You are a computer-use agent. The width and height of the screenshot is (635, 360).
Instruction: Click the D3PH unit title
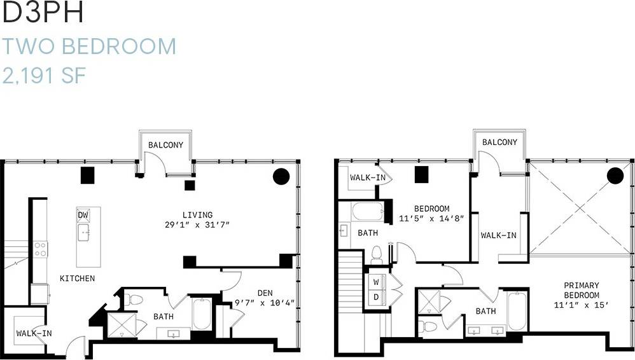point(43,14)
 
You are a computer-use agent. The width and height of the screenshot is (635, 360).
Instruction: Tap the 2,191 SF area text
point(44,76)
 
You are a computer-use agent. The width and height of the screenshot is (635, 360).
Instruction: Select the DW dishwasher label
point(83,215)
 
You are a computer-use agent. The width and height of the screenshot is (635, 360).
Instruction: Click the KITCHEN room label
point(78,279)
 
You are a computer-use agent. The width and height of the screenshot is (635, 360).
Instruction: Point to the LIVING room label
point(197,215)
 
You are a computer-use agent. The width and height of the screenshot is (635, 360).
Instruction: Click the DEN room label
point(265,293)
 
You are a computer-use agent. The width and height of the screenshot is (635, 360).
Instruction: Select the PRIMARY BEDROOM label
point(582,291)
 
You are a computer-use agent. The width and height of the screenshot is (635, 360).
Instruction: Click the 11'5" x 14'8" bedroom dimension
point(431,218)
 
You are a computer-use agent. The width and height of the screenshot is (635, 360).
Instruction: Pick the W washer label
point(376,280)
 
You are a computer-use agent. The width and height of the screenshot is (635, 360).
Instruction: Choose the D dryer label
point(376,297)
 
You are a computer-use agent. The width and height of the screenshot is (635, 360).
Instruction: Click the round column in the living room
point(281,176)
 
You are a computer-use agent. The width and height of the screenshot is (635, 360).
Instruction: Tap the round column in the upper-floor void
point(615,175)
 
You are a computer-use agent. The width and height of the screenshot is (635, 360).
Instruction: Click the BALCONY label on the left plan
point(165,145)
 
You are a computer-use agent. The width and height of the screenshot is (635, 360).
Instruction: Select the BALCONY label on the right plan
point(499,142)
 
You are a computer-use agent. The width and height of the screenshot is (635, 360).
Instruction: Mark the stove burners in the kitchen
point(41,249)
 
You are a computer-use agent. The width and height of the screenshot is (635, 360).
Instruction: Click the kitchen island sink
point(84,233)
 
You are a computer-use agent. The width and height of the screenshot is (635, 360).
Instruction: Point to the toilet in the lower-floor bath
point(134,300)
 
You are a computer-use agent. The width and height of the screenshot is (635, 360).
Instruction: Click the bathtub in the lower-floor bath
point(202,314)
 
